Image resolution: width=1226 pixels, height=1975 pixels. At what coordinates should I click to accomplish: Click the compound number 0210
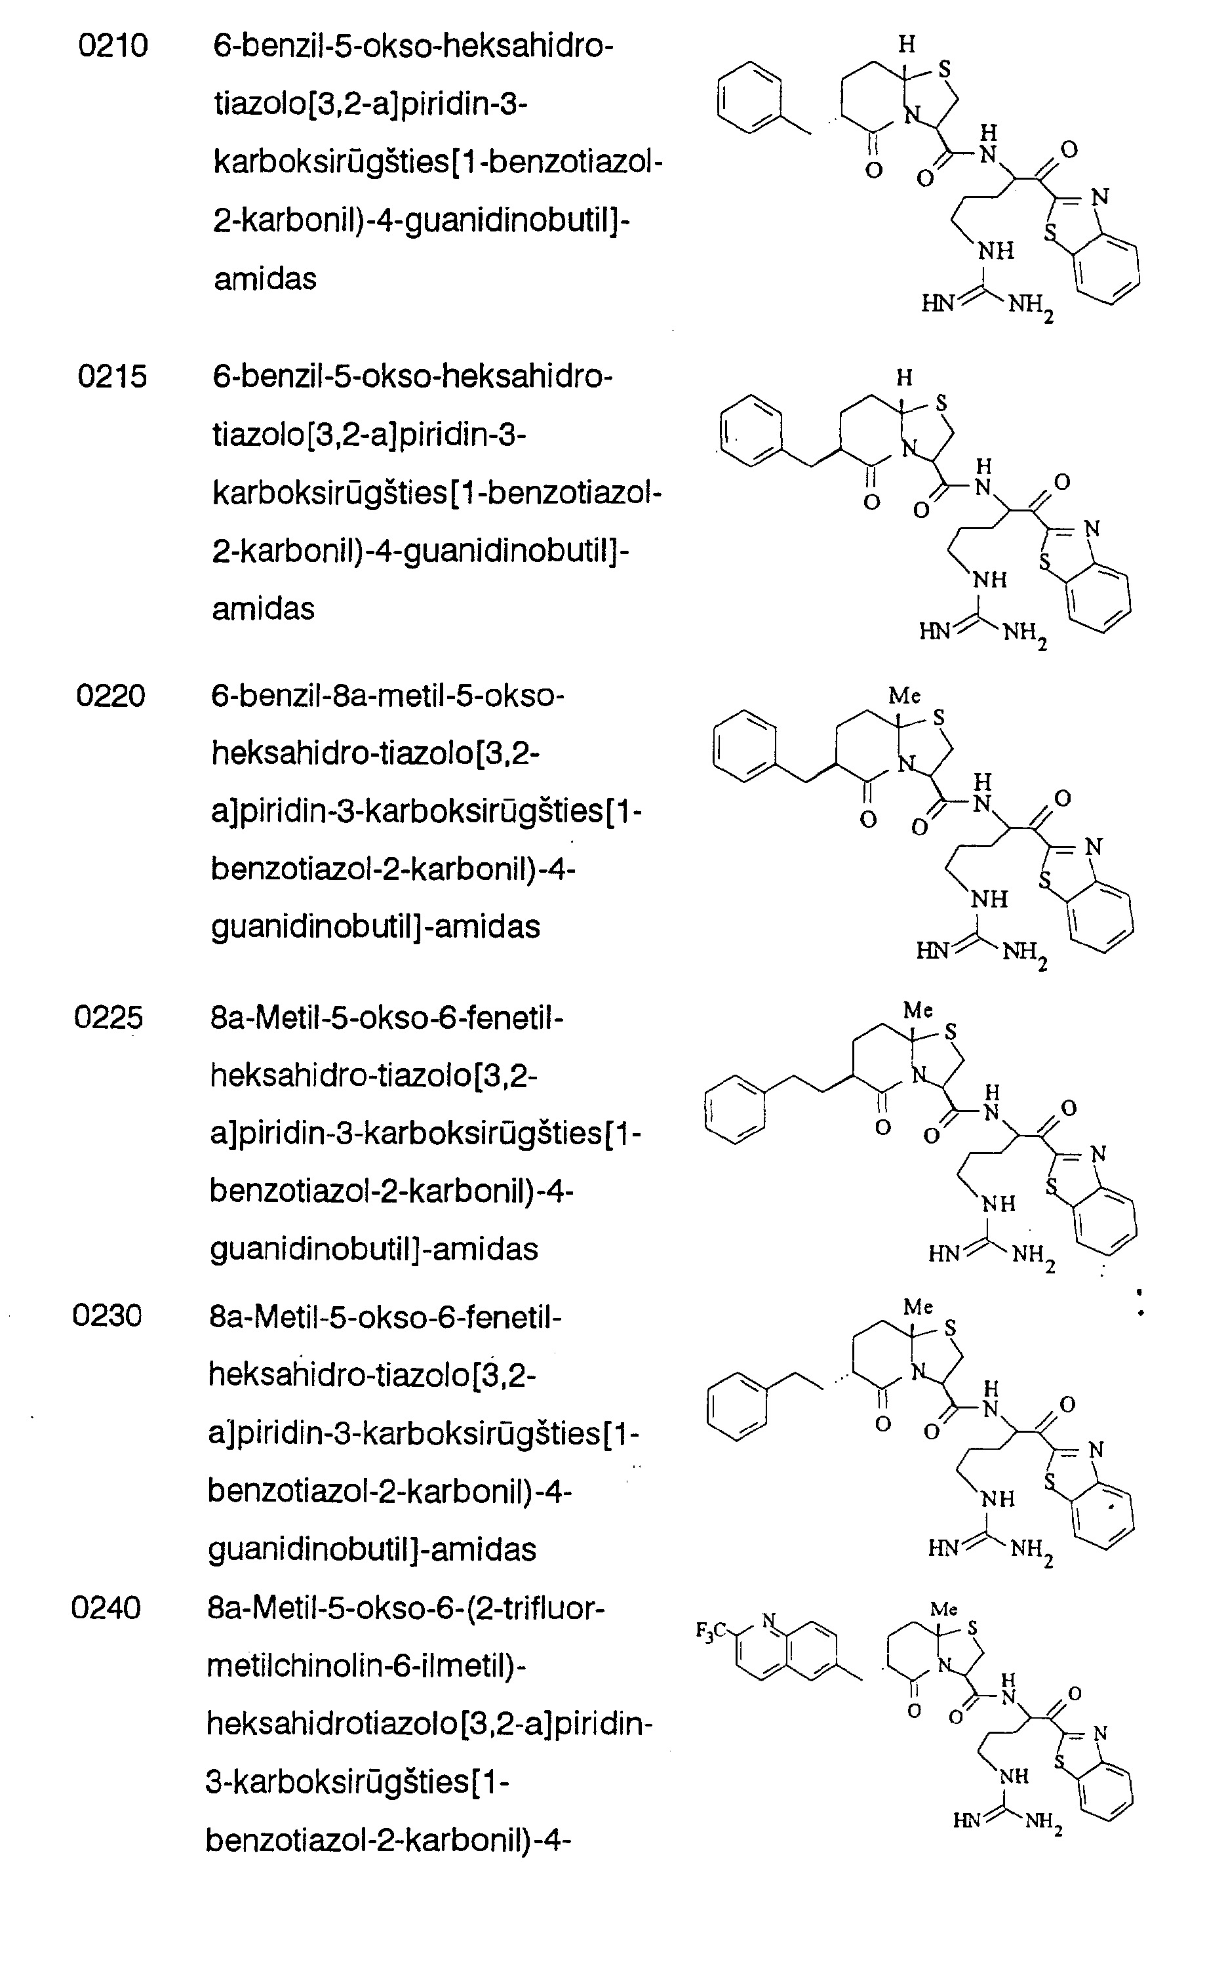pos(113,46)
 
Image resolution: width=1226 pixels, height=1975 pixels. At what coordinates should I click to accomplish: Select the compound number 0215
pos(113,377)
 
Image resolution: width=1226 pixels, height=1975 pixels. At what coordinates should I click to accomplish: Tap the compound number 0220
pos(111,696)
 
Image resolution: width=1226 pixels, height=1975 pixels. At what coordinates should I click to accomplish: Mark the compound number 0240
pos(106,1608)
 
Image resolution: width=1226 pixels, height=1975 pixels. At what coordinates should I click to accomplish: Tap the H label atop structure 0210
pos(907,45)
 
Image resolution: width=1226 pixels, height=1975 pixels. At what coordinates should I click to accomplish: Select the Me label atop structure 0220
pos(905,696)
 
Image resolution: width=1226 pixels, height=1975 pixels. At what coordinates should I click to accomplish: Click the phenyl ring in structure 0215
pos(751,431)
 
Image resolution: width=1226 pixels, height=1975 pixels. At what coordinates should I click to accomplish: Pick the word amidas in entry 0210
pos(265,279)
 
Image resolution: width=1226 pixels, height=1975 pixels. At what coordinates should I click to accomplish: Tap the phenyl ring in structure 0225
pos(736,1110)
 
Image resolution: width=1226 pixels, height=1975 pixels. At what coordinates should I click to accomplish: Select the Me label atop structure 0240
pos(944,1609)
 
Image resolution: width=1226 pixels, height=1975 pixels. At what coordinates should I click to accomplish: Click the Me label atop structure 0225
pos(919,1010)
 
